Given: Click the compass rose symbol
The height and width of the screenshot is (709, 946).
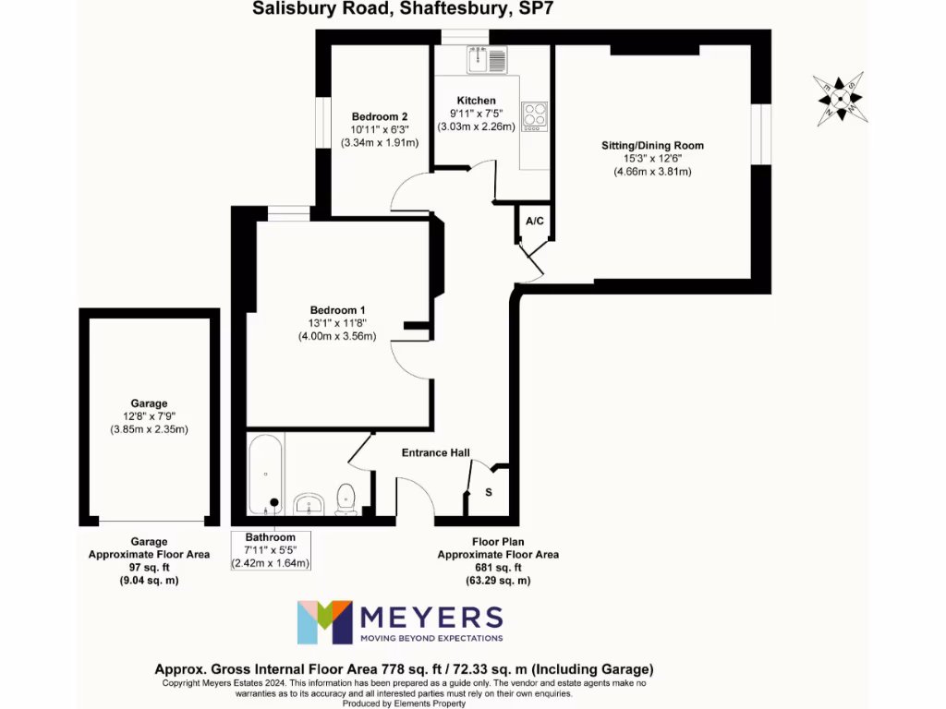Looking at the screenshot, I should [x=840, y=98].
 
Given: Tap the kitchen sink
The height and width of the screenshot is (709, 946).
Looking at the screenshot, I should [x=487, y=60].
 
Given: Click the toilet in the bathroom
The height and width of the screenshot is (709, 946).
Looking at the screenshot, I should [x=346, y=499].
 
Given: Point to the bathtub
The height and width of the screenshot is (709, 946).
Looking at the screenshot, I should [x=265, y=475].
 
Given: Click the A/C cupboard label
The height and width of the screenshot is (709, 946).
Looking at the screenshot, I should [x=535, y=222].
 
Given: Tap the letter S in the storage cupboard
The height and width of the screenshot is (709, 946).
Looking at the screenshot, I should [x=489, y=492].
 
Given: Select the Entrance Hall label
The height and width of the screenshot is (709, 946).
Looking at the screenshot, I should [x=435, y=452].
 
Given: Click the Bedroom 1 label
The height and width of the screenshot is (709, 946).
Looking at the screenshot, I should [x=337, y=309].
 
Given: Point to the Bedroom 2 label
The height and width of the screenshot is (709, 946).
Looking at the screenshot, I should [x=380, y=116].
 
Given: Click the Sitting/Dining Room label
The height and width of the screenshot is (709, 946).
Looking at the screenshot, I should [x=652, y=146].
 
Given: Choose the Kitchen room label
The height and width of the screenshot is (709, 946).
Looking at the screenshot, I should [x=477, y=101].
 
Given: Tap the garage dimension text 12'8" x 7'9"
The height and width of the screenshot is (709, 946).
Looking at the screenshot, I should [x=150, y=416].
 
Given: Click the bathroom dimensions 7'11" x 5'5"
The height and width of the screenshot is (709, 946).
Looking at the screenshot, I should [x=270, y=550].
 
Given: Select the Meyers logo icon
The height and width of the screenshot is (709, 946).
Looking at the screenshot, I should [x=324, y=622].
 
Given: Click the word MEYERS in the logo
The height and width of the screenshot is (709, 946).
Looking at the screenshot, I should [x=431, y=617].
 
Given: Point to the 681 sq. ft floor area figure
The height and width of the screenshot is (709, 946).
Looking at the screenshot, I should [x=497, y=568].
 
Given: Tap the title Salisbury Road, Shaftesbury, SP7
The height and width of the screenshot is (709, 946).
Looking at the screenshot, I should [x=403, y=9].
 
